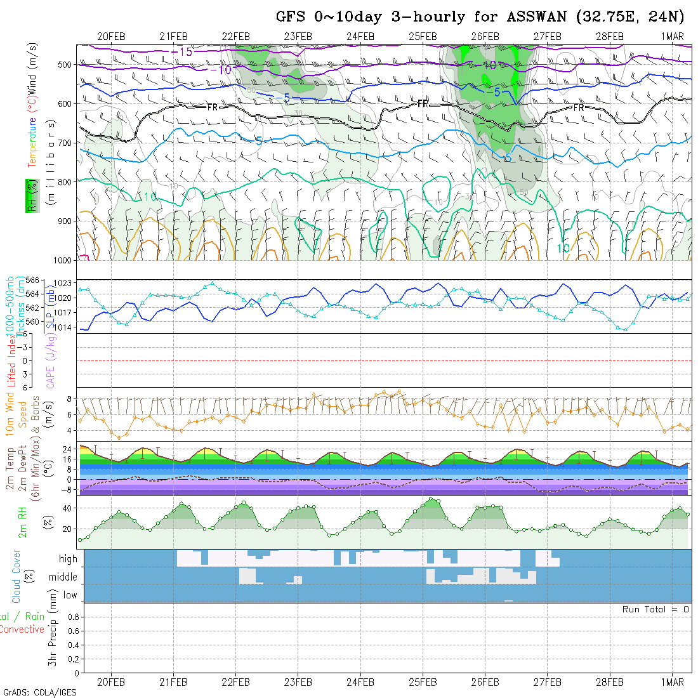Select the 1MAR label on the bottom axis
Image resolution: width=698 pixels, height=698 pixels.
tap(672, 682)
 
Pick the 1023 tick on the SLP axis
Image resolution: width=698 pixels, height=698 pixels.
tap(67, 283)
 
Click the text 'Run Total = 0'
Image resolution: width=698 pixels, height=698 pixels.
tap(655, 609)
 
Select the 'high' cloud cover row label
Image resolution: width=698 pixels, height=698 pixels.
tap(68, 559)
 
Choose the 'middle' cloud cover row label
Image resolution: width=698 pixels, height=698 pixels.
tap(63, 577)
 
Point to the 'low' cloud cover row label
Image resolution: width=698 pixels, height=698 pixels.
tap(70, 595)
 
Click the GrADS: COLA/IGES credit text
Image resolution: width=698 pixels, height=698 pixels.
tap(39, 692)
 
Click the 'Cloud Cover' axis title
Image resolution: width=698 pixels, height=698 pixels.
tap(16, 577)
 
